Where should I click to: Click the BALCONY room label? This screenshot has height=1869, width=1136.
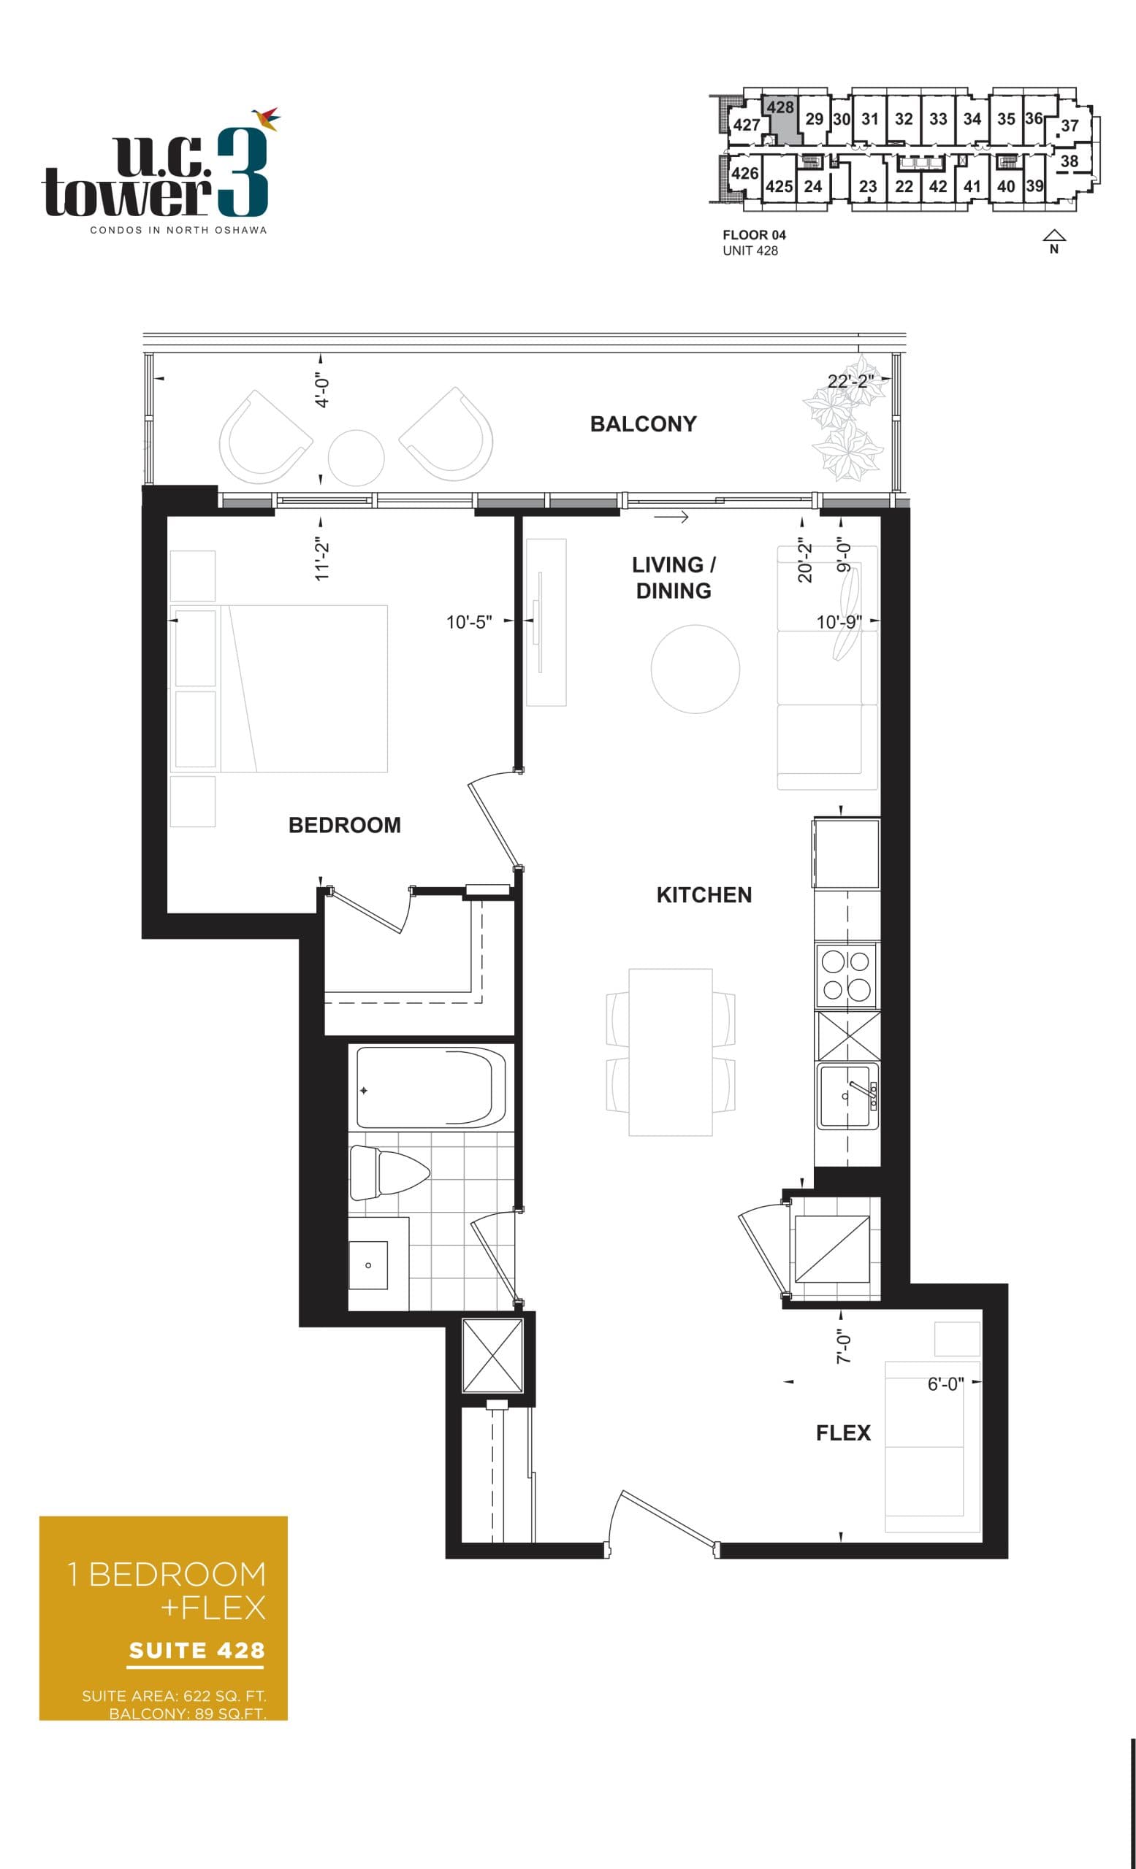click(x=643, y=424)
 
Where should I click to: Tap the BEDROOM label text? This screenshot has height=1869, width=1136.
click(x=344, y=825)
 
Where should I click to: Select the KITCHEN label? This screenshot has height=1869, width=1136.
click(x=704, y=895)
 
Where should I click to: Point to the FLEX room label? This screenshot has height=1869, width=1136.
click(x=842, y=1433)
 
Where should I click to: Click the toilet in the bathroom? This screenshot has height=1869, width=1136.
click(x=388, y=1173)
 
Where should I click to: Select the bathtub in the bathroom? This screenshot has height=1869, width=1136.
click(x=430, y=1088)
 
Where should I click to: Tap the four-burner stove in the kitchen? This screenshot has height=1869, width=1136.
click(x=846, y=975)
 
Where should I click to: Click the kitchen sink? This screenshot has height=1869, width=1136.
click(x=846, y=1096)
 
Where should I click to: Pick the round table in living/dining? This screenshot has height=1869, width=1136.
click(x=694, y=668)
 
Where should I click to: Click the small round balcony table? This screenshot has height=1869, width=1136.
click(x=356, y=457)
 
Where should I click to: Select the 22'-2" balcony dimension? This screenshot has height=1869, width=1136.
click(x=850, y=381)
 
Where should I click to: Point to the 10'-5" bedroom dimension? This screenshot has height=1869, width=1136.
click(x=468, y=622)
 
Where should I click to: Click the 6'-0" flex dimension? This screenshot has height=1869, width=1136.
click(x=945, y=1384)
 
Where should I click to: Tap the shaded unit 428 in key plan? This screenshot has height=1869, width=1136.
click(x=781, y=121)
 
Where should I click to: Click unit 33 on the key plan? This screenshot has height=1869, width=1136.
click(x=938, y=119)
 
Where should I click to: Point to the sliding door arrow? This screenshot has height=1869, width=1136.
click(x=671, y=518)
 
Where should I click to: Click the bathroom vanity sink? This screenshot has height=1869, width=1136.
click(x=368, y=1264)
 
